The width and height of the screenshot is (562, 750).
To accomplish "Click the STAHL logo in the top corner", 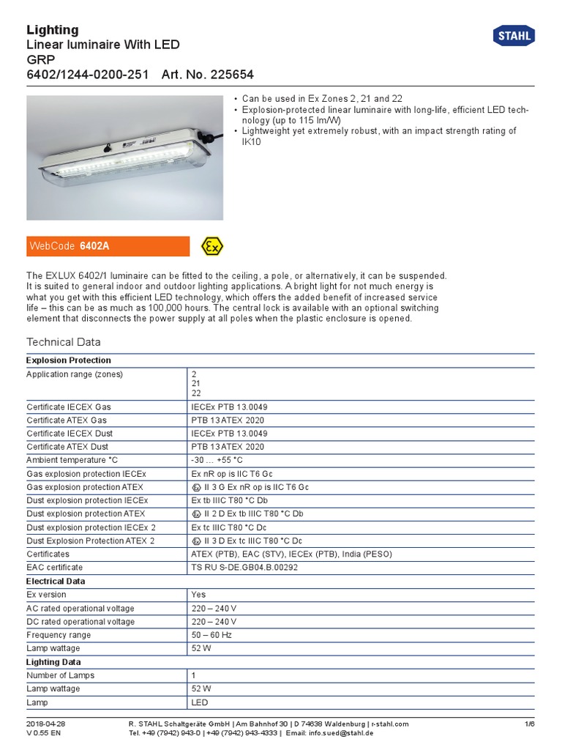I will coord(514,35).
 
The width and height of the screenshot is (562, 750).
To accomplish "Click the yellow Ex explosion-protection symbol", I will coord(212,246).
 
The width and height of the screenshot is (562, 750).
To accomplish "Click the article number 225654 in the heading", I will coord(228,75).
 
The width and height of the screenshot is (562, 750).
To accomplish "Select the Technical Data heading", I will coord(64,342).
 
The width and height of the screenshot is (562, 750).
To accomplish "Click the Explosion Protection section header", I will coord(69,360).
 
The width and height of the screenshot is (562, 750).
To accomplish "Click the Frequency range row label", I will coord(59,635).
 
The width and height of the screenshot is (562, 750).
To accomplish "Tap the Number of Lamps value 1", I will coord(194,675).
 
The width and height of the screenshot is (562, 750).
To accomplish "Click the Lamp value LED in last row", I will coord(200,702).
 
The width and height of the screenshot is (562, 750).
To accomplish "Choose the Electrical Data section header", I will coord(56,581).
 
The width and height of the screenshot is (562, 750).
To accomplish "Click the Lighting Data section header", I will coord(54,662).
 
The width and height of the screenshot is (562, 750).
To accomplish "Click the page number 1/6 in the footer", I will coord(530,724).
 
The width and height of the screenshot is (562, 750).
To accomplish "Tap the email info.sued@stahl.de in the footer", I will coord(340,732).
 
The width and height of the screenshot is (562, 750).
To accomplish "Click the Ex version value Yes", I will coord(198,595).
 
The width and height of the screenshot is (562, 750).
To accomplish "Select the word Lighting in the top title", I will coord(53,30).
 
